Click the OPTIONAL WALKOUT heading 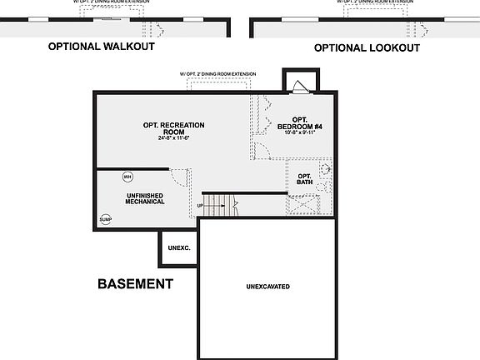tap(101, 47)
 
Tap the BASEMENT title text tap(135, 284)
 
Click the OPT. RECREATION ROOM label tap(173, 128)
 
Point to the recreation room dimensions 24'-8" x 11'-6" tap(173, 138)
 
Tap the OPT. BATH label tap(304, 179)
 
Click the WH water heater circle tap(127, 177)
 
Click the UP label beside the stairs tap(200, 205)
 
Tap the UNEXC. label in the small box tap(179, 248)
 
